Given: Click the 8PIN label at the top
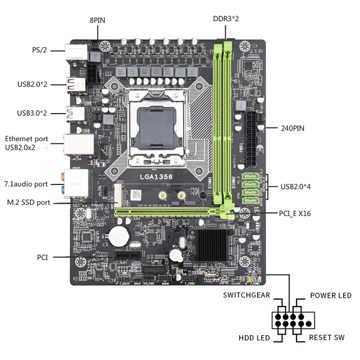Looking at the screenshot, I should point(97,20).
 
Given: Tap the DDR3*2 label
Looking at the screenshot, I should point(226,19).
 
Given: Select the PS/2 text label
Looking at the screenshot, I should point(39,50).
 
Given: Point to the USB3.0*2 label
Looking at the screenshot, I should point(32,113).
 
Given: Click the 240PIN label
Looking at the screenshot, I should point(292,128).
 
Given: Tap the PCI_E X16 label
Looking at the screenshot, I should point(295,214).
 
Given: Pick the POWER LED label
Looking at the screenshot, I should point(331,295).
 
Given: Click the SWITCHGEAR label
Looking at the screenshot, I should point(246,295).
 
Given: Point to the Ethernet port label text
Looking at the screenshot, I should point(26,139).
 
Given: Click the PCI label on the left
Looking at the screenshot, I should point(43,257).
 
